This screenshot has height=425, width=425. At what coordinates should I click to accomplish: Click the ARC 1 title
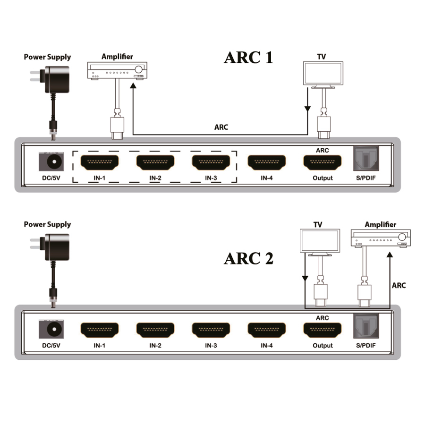click(248, 57)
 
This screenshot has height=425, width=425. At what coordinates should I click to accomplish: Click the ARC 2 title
click(248, 258)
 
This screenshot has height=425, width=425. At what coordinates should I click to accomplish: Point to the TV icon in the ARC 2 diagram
click(320, 243)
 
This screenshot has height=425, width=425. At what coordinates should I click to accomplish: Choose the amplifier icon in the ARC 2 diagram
click(381, 238)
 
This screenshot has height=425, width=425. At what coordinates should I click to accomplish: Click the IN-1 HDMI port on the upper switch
click(99, 162)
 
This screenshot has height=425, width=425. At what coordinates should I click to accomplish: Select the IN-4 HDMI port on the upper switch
click(267, 162)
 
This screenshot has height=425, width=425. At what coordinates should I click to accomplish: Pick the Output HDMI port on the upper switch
click(323, 163)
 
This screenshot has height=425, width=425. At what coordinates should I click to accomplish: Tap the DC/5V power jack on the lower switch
click(51, 329)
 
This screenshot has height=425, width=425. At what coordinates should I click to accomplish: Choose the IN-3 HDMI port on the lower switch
click(211, 330)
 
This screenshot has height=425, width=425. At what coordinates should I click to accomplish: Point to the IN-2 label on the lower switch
click(155, 346)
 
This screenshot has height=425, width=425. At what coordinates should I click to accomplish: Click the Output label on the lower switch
click(323, 346)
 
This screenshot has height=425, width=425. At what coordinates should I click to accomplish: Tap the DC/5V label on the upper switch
click(51, 178)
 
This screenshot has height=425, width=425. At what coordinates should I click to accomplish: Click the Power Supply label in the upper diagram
click(47, 57)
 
